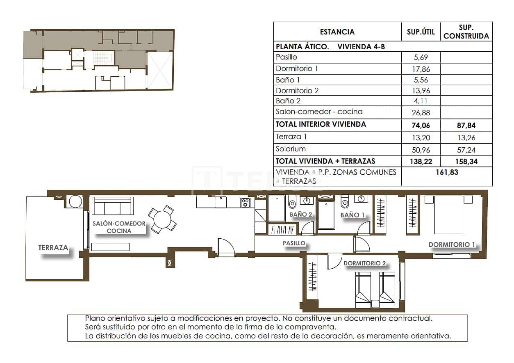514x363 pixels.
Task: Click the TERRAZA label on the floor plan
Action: click(53, 248)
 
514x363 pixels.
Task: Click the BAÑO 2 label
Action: click(301, 214)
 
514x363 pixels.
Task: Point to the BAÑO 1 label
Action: click(353, 215)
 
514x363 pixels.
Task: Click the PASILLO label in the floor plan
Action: click(294, 243)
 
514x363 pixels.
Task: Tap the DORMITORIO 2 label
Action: click(364, 263)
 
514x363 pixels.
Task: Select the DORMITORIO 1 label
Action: click(452, 245)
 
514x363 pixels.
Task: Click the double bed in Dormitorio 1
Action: click(449, 214)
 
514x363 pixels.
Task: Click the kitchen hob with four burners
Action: click(246, 202)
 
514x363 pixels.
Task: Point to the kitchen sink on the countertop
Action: click(221, 202)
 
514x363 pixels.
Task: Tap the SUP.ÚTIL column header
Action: click(421, 32)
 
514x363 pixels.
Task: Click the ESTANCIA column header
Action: click(337, 32)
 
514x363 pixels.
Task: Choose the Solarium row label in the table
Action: click(291, 149)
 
